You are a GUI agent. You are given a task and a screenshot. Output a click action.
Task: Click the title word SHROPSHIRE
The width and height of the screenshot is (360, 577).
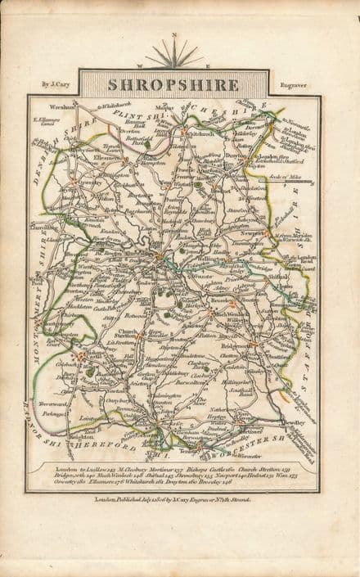[x=174, y=84]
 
